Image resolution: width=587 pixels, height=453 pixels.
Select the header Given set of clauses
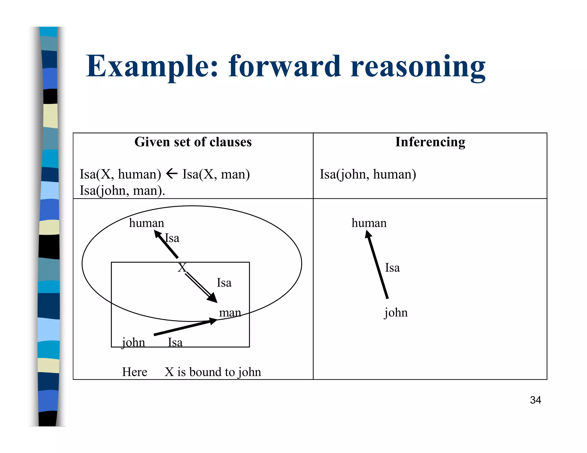tap(193, 142)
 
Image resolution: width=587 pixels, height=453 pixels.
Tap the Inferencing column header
tap(430, 142)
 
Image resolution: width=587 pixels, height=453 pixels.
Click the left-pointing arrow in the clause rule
tap(172, 174)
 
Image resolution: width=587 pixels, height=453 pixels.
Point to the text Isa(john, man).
tap(122, 190)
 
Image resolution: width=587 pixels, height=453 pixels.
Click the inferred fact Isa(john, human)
tap(368, 174)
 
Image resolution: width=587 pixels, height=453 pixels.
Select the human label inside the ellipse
tap(146, 223)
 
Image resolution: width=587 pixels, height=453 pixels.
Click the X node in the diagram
tap(182, 268)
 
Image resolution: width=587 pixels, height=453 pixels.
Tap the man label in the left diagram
tap(230, 312)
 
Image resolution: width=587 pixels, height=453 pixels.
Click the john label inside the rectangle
tap(134, 342)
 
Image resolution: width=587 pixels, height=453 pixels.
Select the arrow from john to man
tap(185, 327)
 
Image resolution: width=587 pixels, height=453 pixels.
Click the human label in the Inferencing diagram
tap(369, 223)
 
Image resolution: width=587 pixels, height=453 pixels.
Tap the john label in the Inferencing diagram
tap(396, 312)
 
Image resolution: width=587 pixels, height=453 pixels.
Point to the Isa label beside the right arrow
tap(392, 268)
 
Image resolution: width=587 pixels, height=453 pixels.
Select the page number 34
tap(535, 400)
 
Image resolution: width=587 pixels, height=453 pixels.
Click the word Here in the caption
tap(134, 372)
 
